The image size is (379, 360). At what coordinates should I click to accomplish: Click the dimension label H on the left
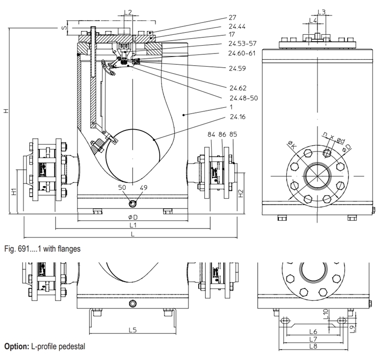click(x=6, y=111)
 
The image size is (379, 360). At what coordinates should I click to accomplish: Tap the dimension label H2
click(x=241, y=194)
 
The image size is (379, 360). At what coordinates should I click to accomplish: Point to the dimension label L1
click(x=132, y=225)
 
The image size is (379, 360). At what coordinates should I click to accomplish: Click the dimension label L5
click(x=132, y=330)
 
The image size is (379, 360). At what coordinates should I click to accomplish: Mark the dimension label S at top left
click(x=64, y=28)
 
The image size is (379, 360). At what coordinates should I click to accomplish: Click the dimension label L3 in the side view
click(x=322, y=12)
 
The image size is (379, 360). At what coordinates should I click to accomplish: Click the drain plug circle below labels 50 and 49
click(x=132, y=204)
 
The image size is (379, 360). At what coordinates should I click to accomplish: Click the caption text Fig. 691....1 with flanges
click(x=42, y=249)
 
